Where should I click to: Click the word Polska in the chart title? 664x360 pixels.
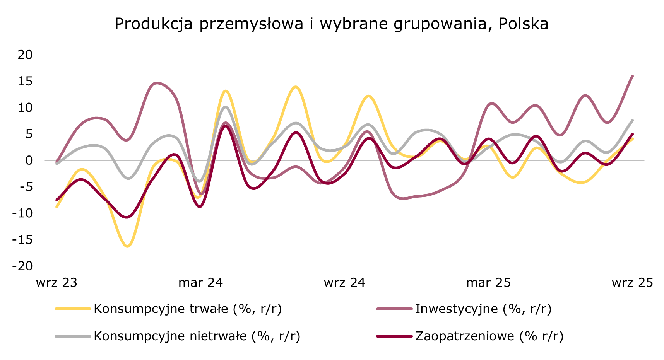point(523,24)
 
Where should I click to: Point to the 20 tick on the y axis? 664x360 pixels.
point(25,55)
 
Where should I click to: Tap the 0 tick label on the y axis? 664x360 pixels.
point(29,160)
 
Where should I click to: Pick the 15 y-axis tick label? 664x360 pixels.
point(25,81)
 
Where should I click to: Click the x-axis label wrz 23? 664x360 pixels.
point(56,283)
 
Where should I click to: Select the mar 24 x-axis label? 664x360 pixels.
point(200,283)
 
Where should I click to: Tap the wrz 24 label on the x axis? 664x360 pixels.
point(344,283)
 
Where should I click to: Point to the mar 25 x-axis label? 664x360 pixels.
point(488,283)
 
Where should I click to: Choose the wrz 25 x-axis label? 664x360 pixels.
point(632,283)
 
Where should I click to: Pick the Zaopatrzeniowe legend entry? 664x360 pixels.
point(489,336)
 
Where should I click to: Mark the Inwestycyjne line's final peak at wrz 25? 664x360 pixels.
point(632,76)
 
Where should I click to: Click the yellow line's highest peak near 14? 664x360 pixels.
point(296,87)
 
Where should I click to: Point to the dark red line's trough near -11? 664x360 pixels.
point(127,217)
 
